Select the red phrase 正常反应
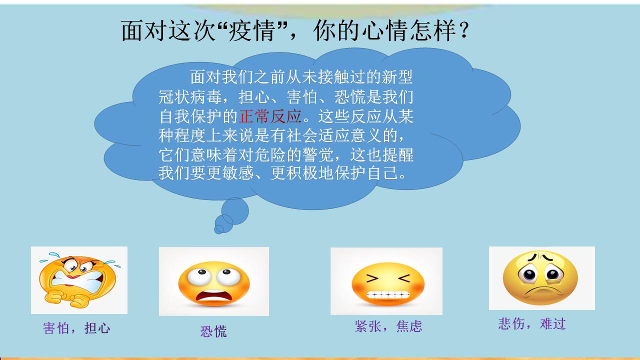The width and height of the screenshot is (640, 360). [270, 116]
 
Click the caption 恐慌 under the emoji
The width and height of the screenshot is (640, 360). [213, 331]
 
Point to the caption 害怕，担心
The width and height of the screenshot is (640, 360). [76, 328]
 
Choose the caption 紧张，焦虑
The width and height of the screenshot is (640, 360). [388, 326]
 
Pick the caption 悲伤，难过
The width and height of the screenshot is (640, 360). [532, 323]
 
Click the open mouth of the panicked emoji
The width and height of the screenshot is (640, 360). [213, 296]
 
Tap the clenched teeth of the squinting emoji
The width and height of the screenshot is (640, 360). [387, 294]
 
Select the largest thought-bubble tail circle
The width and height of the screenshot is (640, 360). [235, 211]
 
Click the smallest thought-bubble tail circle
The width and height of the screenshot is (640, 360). [219, 229]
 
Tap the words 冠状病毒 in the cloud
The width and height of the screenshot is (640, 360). [190, 97]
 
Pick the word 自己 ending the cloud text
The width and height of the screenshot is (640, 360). [383, 173]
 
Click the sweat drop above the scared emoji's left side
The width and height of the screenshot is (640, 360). [53, 254]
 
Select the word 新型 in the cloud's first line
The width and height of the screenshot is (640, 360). [397, 77]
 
